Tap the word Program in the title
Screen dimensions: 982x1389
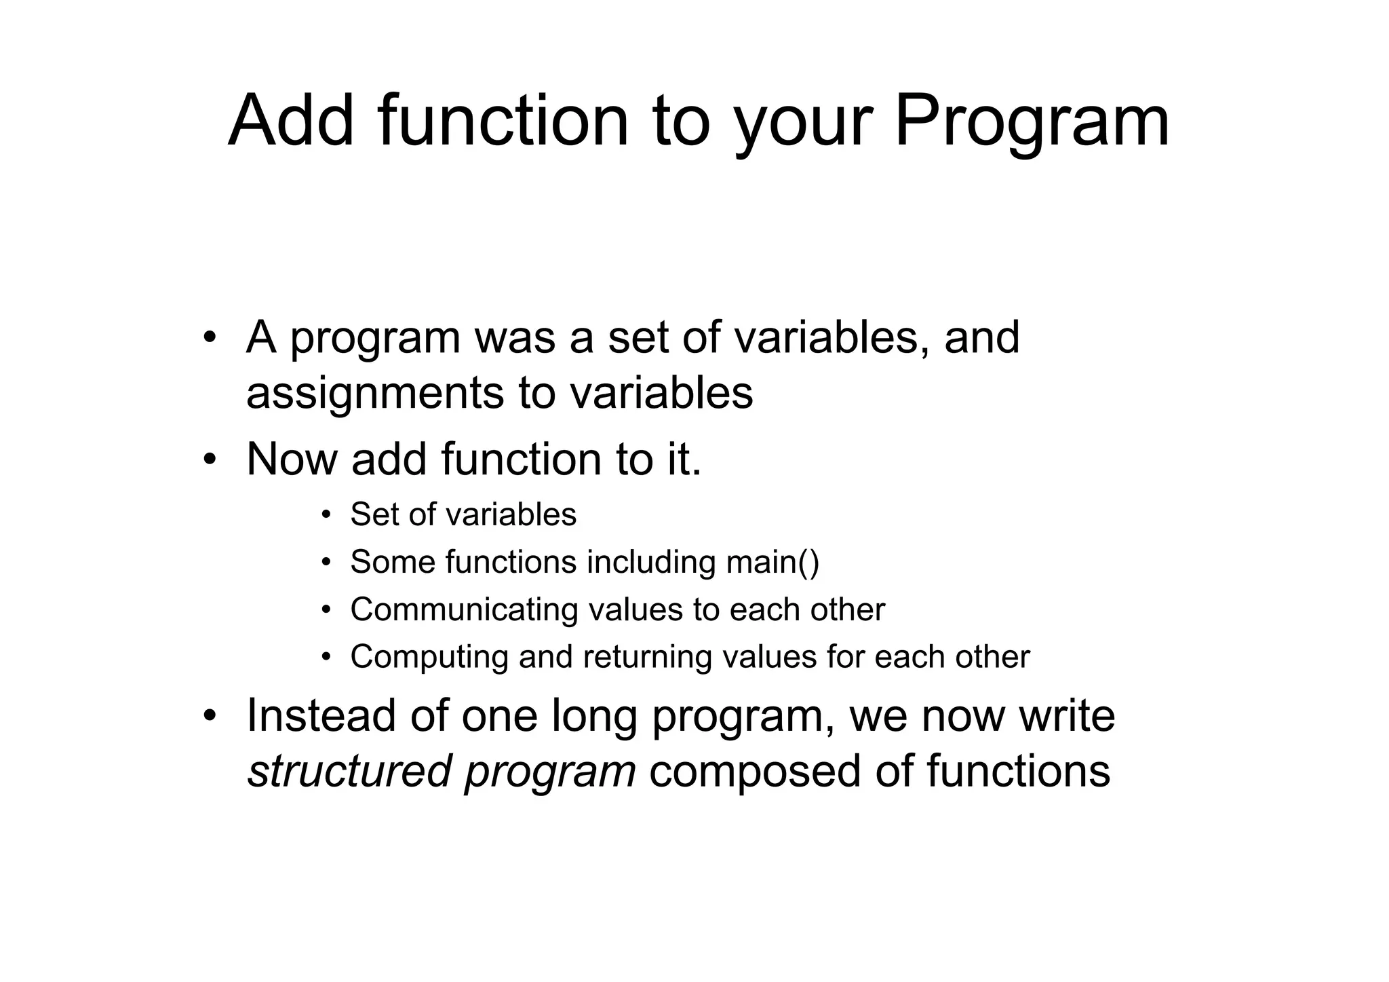[x=1032, y=122]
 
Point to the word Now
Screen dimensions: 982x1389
[x=292, y=459]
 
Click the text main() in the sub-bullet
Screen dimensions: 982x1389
[x=772, y=563]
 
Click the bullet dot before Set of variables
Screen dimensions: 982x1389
[x=326, y=515]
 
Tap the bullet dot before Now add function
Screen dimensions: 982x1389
[x=210, y=459]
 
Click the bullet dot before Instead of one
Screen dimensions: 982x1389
[x=210, y=717]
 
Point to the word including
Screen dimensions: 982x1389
[x=651, y=563]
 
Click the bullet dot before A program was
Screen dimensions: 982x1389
[x=210, y=337]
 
